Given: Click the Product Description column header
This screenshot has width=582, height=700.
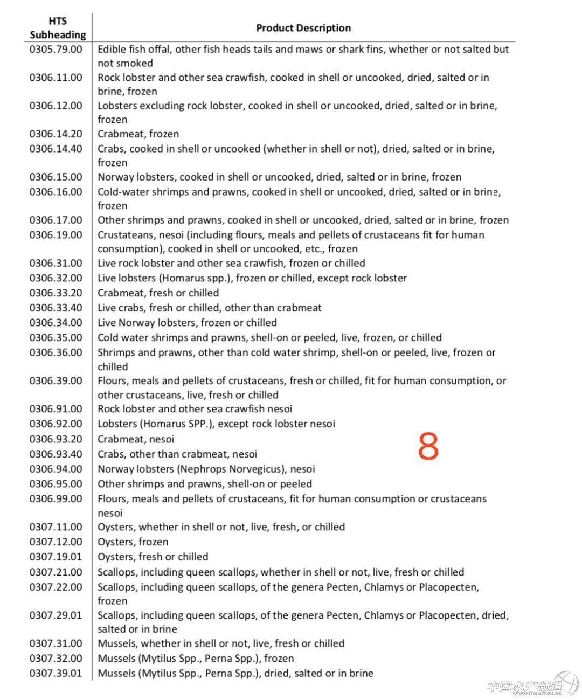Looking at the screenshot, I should [x=303, y=28].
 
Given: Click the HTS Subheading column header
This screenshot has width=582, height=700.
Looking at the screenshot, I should [x=58, y=28].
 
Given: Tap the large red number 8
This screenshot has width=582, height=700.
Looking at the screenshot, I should [x=428, y=446].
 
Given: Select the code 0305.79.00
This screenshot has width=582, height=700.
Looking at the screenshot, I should [x=56, y=49].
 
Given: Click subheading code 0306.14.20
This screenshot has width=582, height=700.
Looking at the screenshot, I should [x=56, y=134].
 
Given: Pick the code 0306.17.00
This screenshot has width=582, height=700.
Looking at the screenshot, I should [x=56, y=220].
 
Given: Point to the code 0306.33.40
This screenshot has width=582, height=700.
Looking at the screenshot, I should [x=56, y=308].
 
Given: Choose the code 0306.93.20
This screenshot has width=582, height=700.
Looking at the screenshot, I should [x=56, y=439].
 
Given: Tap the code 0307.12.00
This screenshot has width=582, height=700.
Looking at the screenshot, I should [x=56, y=542].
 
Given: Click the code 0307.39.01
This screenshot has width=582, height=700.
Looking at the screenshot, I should [x=56, y=673].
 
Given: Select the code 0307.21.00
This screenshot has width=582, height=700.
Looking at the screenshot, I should [x=56, y=572].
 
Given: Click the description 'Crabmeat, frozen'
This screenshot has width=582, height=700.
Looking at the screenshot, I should [x=138, y=134].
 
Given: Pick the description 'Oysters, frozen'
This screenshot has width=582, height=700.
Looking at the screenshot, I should [x=133, y=542].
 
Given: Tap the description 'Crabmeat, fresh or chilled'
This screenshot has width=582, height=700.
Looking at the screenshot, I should [x=158, y=293].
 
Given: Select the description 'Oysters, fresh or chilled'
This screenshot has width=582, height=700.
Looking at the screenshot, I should [x=153, y=557].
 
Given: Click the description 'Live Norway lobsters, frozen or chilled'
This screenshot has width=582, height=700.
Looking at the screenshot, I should [x=187, y=323].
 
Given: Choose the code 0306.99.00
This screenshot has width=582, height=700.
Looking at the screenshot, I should [x=56, y=499].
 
